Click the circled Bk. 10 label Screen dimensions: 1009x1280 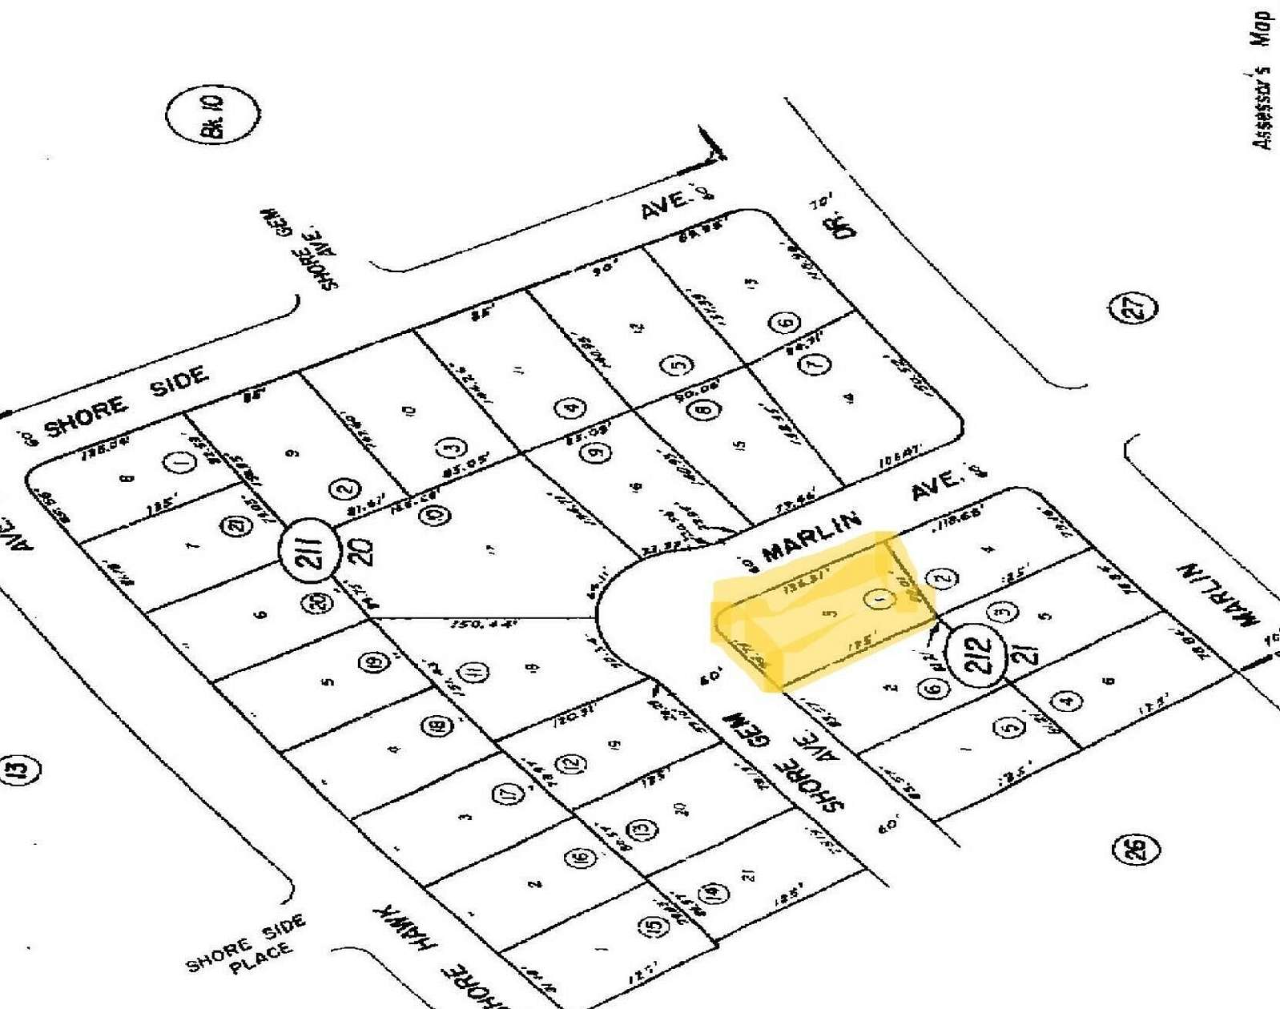pos(213,115)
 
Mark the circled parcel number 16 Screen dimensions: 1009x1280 pos(581,858)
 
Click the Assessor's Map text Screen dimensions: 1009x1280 pos(1263,80)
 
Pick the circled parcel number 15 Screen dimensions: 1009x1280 pos(654,927)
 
